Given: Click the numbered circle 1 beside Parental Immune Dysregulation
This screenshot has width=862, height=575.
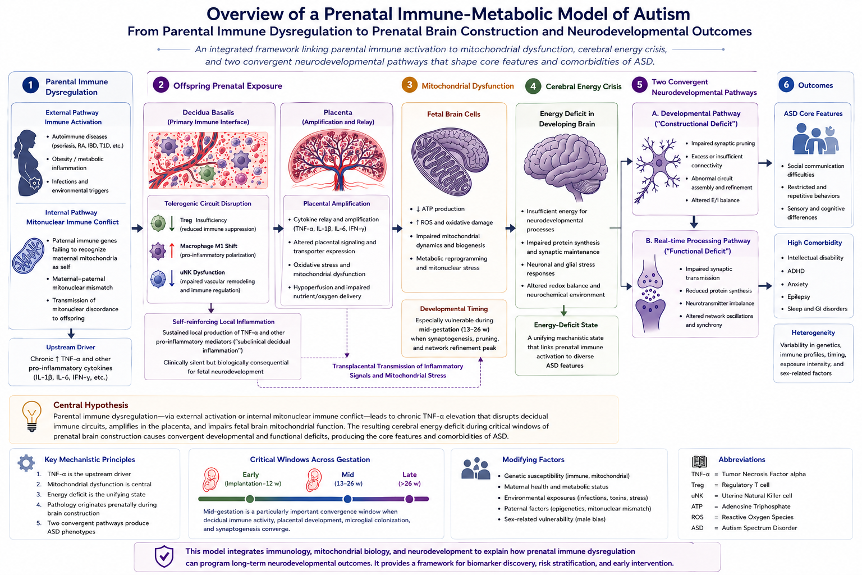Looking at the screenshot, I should (30, 85).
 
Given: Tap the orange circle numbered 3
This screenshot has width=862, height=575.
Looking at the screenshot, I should (409, 85).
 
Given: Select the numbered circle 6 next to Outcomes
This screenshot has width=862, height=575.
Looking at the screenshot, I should (786, 85).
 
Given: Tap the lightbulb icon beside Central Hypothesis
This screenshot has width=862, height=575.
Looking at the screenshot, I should (31, 416).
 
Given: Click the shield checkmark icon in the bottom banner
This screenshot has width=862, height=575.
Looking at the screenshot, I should (164, 556).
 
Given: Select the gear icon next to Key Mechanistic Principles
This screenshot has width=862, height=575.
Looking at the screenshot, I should (26, 463).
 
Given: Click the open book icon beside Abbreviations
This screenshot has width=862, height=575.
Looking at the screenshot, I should (699, 462).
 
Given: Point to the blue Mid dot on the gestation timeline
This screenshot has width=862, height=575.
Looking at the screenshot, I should (347, 499).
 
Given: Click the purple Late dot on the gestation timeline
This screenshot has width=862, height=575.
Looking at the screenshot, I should (409, 499).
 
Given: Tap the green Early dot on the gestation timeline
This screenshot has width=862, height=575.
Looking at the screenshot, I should (250, 499).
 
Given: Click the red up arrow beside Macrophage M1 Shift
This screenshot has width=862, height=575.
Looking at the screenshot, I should (172, 250).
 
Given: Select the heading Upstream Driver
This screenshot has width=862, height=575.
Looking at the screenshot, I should (71, 347).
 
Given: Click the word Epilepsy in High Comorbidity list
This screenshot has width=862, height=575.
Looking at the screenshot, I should (799, 296).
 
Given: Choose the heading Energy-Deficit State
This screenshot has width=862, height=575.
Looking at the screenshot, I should (566, 325).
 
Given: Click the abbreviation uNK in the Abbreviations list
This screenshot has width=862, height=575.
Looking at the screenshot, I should (697, 496).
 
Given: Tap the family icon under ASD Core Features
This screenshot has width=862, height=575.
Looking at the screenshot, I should (815, 140).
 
